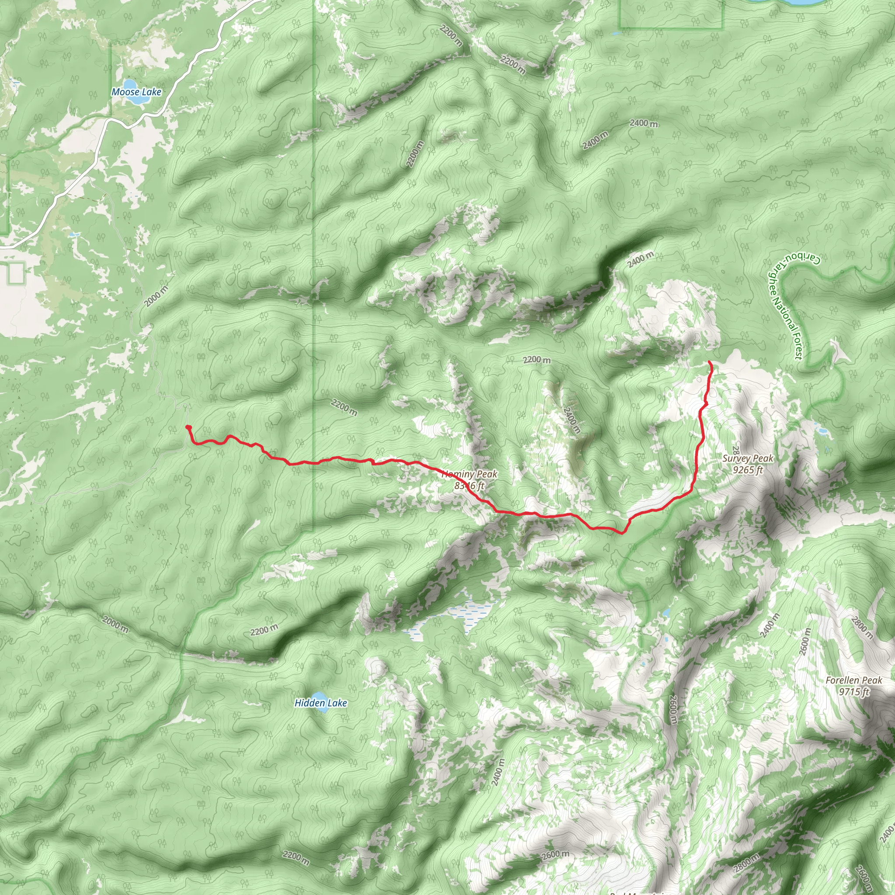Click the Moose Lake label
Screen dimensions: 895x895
click(x=136, y=92)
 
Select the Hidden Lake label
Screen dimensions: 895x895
click(x=321, y=703)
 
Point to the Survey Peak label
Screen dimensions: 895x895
click(x=748, y=458)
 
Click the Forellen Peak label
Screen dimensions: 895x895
click(x=854, y=680)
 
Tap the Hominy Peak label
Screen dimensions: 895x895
click(x=469, y=474)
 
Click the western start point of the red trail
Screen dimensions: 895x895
click(x=188, y=427)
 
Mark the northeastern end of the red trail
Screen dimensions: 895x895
click(x=710, y=362)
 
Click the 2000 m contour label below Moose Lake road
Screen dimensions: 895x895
click(x=156, y=296)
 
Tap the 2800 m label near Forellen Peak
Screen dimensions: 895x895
click(x=862, y=628)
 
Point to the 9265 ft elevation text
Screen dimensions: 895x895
click(x=748, y=470)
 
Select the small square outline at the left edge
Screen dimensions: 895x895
click(x=16, y=273)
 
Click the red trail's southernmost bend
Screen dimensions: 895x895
click(x=622, y=533)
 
